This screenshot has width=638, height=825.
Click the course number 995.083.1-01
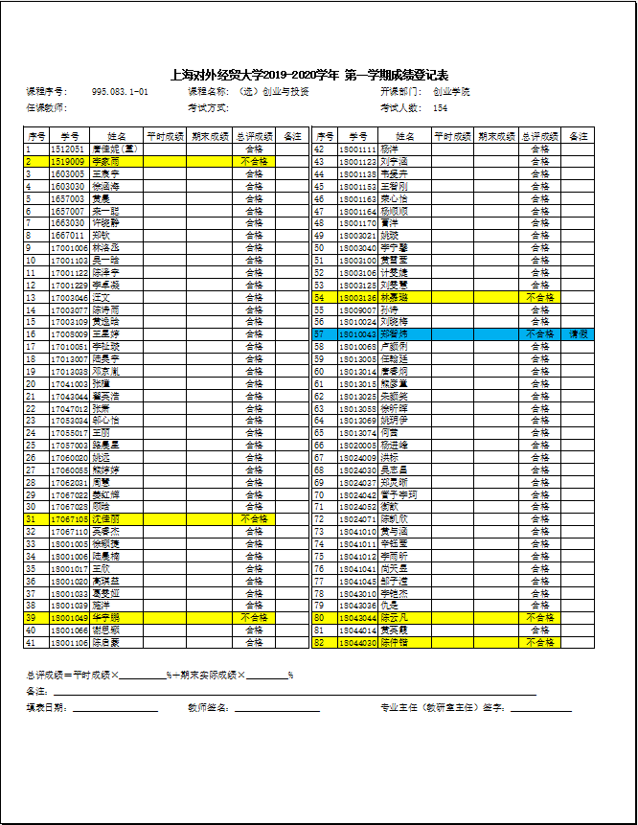[x=120, y=92]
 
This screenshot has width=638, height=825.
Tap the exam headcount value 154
[x=441, y=108]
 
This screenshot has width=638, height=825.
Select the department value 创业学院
[x=451, y=92]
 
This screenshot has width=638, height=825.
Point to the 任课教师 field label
[x=45, y=108]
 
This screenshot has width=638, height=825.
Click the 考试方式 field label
[x=208, y=108]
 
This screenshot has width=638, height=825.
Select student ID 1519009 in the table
[x=67, y=162]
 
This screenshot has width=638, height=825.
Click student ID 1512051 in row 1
[x=67, y=149]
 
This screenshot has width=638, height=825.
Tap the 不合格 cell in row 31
[x=253, y=518]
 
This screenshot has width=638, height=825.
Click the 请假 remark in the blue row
[x=580, y=334]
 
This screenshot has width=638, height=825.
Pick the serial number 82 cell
[x=320, y=642]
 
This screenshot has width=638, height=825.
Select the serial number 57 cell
[x=320, y=334]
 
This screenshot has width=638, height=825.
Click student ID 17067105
[x=70, y=518]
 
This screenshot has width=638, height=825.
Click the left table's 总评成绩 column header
[x=253, y=137]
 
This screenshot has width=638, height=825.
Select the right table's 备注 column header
[x=579, y=137]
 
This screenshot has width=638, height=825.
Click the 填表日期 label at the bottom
[x=46, y=708]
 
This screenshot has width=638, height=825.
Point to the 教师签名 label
[x=210, y=708]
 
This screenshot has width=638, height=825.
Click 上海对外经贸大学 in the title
[x=216, y=75]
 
